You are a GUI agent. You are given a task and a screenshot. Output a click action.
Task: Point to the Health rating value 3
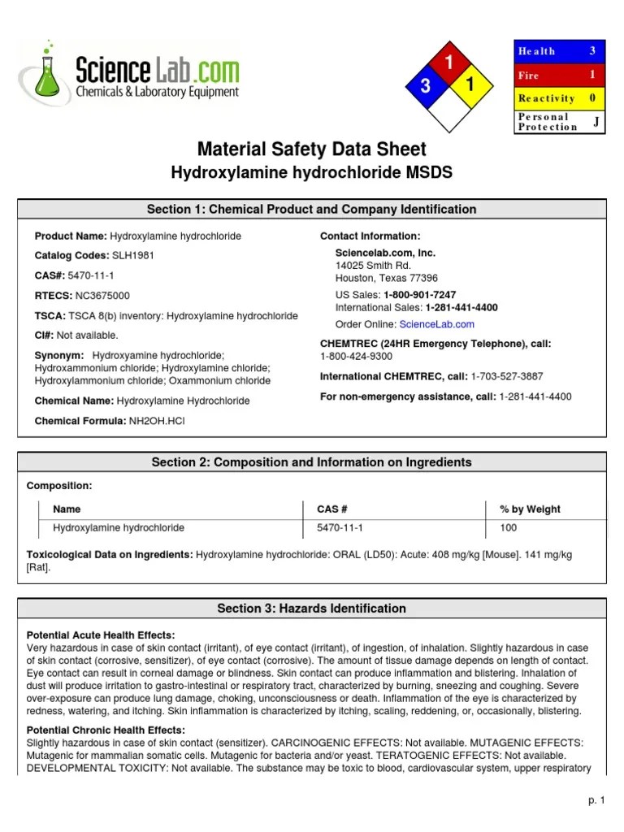click(x=592, y=51)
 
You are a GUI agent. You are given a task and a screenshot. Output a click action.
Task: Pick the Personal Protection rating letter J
click(x=596, y=122)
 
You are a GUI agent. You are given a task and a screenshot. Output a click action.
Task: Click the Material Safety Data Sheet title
click(x=311, y=149)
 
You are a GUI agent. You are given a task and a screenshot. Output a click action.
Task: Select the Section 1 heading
click(x=311, y=210)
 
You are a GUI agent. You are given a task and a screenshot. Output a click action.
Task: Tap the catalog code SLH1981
click(x=132, y=256)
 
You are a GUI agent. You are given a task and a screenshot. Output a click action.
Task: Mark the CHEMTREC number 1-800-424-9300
click(x=356, y=357)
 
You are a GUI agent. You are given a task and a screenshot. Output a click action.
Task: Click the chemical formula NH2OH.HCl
click(x=162, y=421)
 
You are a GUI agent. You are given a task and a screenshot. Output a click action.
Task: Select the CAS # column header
click(x=332, y=509)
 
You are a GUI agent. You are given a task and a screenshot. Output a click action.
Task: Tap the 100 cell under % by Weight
click(x=508, y=528)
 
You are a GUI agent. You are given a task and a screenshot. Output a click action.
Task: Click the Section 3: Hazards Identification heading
click(x=311, y=609)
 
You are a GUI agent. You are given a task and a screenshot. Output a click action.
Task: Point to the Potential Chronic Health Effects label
click(x=106, y=730)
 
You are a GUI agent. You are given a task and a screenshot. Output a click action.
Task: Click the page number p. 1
click(x=597, y=800)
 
